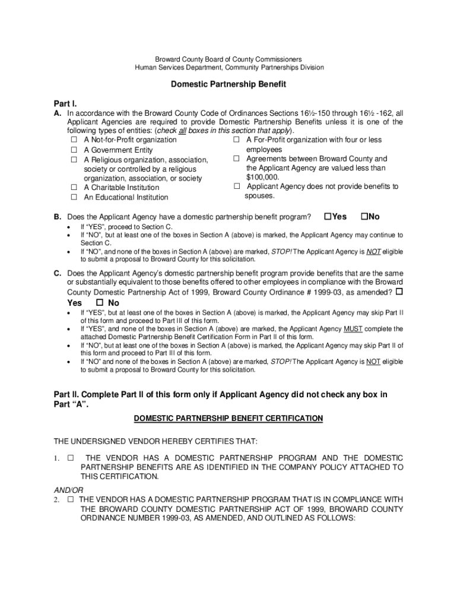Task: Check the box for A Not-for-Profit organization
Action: pyautogui.click(x=74, y=140)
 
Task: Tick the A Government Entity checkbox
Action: pyautogui.click(x=74, y=150)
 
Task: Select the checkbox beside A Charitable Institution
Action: pyautogui.click(x=74, y=188)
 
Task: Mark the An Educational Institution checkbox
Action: pyautogui.click(x=74, y=197)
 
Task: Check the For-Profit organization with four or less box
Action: pyautogui.click(x=236, y=140)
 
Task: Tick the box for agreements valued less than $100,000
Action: pyautogui.click(x=236, y=159)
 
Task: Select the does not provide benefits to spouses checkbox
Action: pyautogui.click(x=236, y=186)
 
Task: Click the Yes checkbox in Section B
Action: pyautogui.click(x=328, y=216)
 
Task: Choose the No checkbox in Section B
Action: pyautogui.click(x=364, y=216)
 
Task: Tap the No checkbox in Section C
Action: pyautogui.click(x=100, y=303)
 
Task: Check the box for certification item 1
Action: pyautogui.click(x=71, y=458)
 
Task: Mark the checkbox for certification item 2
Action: pyautogui.click(x=71, y=499)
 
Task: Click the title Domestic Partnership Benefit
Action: pyautogui.click(x=228, y=84)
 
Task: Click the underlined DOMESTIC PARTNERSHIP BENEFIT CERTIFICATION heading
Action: pyautogui.click(x=228, y=419)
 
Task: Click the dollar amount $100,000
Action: pyautogui.click(x=262, y=177)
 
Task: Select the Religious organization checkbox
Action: pyautogui.click(x=74, y=160)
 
